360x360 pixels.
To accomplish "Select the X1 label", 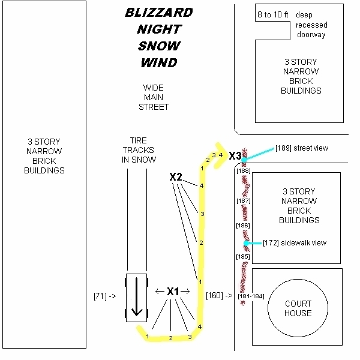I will pyautogui.click(x=173, y=292).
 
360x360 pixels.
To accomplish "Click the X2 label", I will pyautogui.click(x=176, y=177).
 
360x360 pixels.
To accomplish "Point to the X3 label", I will pyautogui.click(x=235, y=156).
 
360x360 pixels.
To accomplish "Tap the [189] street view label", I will pyautogui.click(x=302, y=148).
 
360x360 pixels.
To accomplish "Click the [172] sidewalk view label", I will pyautogui.click(x=294, y=243).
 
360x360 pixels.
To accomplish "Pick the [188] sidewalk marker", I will pyautogui.click(x=244, y=171).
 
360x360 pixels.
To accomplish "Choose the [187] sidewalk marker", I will pyautogui.click(x=244, y=200).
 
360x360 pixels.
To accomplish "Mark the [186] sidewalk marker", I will pyautogui.click(x=244, y=226).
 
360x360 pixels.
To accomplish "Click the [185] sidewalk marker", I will pyautogui.click(x=244, y=257).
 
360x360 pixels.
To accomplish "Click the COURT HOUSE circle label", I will pyautogui.click(x=298, y=308).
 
